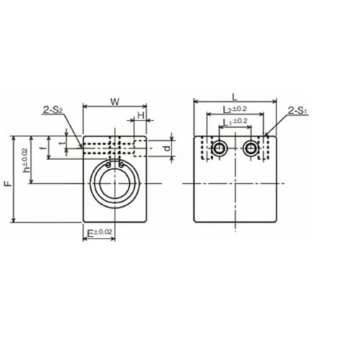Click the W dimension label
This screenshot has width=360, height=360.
pyautogui.click(x=115, y=102)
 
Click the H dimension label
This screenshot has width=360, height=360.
pyautogui.click(x=141, y=116)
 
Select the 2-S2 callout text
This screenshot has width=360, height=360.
pyautogui.click(x=53, y=110)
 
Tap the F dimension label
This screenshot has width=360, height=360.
pyautogui.click(x=9, y=184)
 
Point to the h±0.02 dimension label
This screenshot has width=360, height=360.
pyautogui.click(x=26, y=160)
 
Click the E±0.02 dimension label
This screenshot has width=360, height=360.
pyautogui.click(x=99, y=233)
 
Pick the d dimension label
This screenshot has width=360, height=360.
pyautogui.click(x=167, y=148)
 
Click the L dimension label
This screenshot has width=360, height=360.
pyautogui.click(x=235, y=97)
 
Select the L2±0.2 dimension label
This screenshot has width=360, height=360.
pyautogui.click(x=235, y=109)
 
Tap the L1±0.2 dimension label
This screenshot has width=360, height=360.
pyautogui.click(x=235, y=122)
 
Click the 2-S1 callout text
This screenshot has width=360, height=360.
pyautogui.click(x=298, y=111)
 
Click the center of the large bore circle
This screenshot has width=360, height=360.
pyautogui.click(x=115, y=184)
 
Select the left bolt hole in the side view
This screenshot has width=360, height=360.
pyautogui.click(x=219, y=148)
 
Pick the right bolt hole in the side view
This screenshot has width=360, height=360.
pyautogui.click(x=251, y=148)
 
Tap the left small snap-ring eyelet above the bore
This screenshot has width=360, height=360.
pyautogui.click(x=109, y=165)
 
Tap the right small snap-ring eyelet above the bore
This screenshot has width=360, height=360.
pyautogui.click(x=121, y=165)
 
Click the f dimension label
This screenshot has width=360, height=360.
pyautogui.click(x=43, y=148)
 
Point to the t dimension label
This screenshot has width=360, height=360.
pyautogui.click(x=63, y=143)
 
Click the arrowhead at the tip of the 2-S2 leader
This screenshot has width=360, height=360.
pyautogui.click(x=81, y=146)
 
